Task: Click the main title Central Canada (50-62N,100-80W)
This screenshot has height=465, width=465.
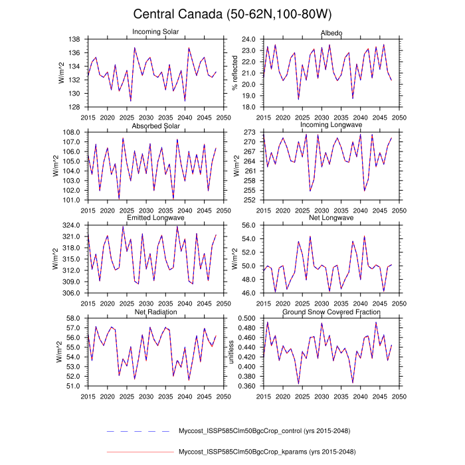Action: [x=232, y=14]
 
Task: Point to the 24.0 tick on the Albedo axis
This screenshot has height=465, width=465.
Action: [x=248, y=39]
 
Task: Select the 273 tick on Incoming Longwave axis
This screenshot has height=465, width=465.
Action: [x=250, y=132]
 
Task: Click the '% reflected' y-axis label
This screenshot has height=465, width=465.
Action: [x=234, y=73]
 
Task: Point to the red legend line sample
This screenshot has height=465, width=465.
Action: [x=139, y=452]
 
